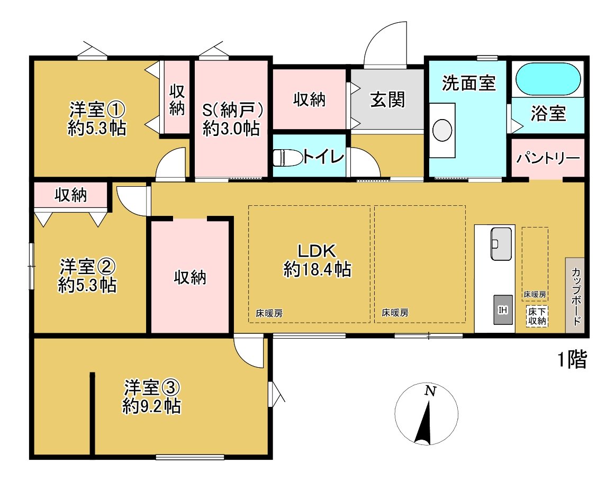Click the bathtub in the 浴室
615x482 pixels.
[547, 79]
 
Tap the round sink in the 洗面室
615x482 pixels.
[441, 129]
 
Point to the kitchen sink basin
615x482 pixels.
[501, 244]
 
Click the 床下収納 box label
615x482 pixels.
[537, 316]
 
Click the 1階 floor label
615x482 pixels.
[572, 360]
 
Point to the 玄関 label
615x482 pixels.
[387, 99]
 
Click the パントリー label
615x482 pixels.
[548, 158]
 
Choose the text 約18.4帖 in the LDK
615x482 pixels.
[317, 270]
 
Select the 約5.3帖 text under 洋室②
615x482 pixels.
[87, 286]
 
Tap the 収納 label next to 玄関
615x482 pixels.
[309, 99]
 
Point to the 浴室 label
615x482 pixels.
[548, 114]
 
